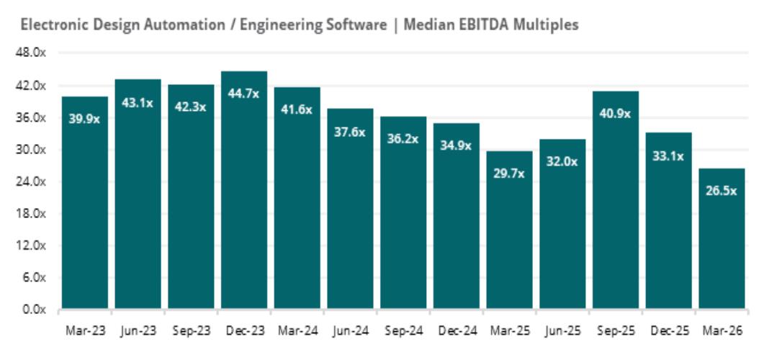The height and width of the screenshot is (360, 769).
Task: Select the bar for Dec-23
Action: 244,190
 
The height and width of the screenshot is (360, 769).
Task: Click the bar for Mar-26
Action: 721,238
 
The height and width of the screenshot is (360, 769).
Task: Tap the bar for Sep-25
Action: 616,200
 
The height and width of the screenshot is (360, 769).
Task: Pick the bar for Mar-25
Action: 509,230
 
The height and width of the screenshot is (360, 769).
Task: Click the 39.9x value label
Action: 84,119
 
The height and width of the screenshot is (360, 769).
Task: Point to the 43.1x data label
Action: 138,103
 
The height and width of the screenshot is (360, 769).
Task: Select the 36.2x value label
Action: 403,139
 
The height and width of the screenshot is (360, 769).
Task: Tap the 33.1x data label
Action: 668,156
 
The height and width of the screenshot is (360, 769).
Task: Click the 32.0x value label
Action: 562,161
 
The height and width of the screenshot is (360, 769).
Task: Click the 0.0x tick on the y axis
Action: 35,310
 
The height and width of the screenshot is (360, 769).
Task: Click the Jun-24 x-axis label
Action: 350,331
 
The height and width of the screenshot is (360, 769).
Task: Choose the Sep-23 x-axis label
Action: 191,331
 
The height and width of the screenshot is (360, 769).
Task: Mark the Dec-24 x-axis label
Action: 456,331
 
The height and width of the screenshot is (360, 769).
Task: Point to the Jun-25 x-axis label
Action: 562,331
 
